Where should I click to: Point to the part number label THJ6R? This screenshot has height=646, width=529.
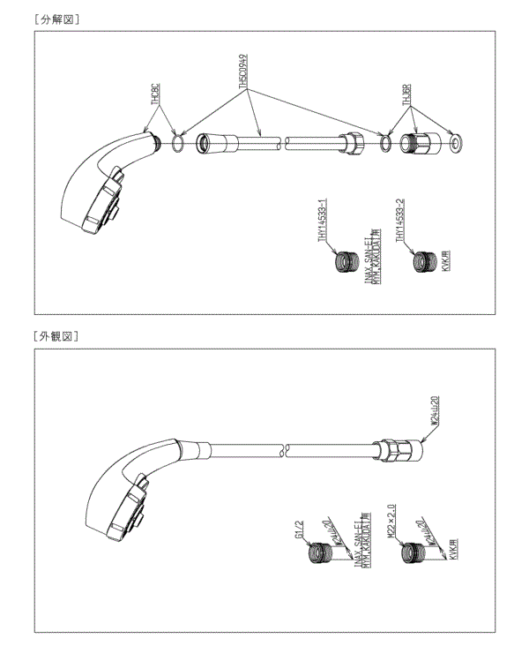click(x=407, y=94)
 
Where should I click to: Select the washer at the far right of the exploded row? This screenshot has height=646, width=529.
click(x=456, y=141)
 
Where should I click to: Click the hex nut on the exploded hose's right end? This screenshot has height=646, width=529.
click(x=352, y=141)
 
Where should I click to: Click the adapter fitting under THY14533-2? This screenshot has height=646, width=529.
click(x=422, y=262)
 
